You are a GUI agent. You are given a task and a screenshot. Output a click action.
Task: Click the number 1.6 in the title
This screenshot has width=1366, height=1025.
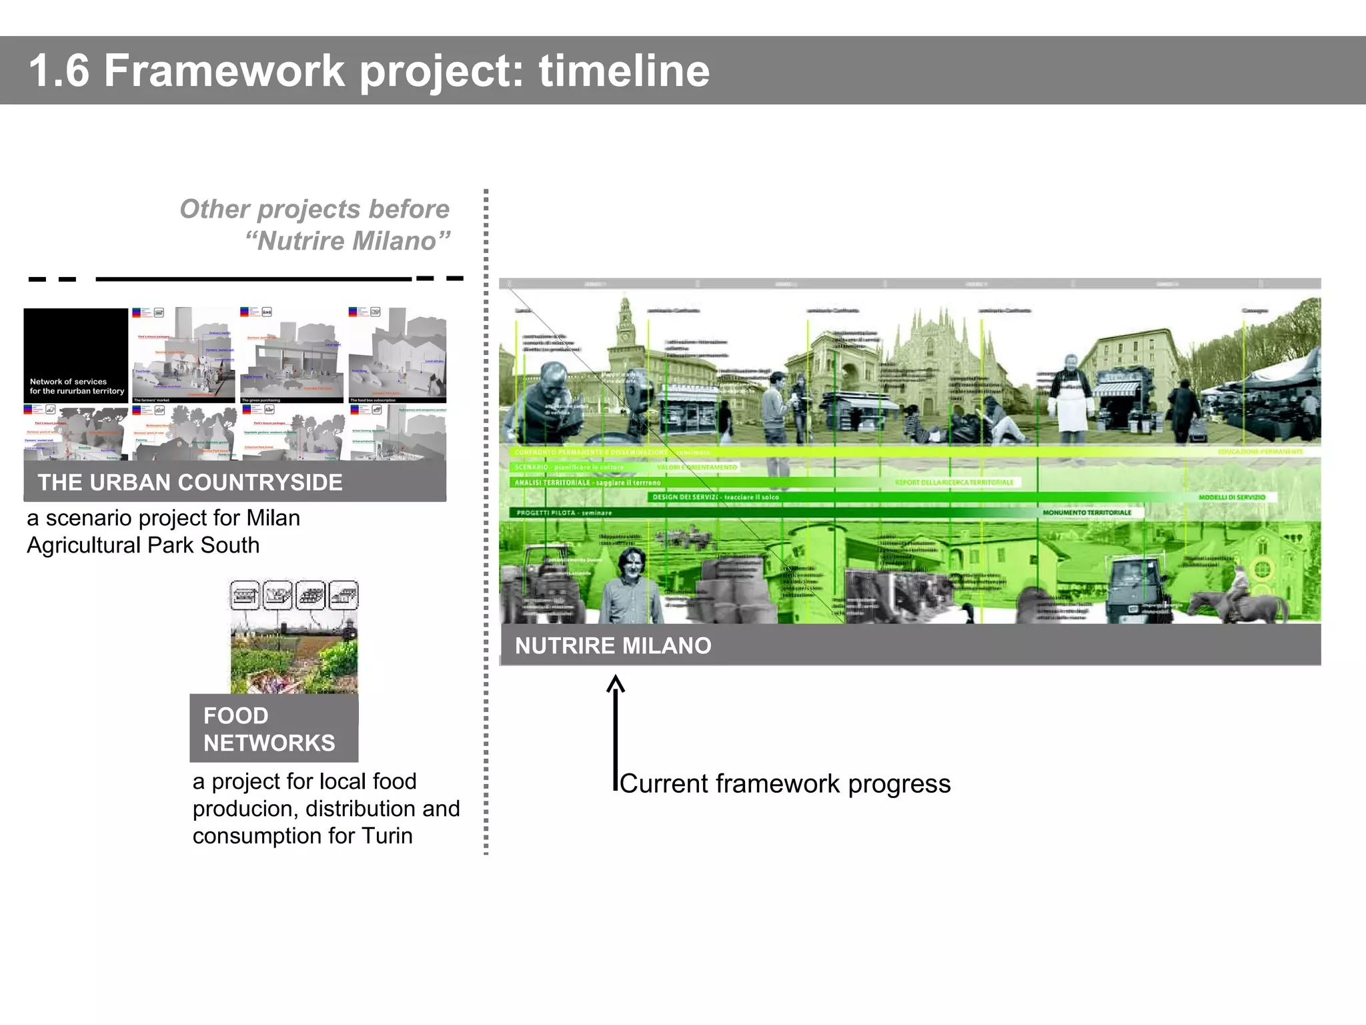59,71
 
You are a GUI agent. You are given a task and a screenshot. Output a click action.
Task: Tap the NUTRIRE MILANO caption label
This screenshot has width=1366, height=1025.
612,645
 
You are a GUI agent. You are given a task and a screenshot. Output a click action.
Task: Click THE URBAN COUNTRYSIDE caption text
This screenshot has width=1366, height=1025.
190,482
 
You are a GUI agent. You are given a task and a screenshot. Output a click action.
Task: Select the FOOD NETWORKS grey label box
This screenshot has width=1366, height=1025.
273,729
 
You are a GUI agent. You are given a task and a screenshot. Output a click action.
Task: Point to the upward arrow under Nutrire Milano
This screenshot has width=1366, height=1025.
616,727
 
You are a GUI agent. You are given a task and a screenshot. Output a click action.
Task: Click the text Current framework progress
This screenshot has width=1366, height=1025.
785,783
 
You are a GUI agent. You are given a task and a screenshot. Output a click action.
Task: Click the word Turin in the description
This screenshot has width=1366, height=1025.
387,835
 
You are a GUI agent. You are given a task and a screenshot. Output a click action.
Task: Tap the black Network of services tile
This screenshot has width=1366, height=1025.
76,355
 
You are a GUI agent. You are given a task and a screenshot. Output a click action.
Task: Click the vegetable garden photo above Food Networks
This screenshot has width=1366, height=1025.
294,657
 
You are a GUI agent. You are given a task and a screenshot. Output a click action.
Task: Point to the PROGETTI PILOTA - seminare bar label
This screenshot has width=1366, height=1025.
564,513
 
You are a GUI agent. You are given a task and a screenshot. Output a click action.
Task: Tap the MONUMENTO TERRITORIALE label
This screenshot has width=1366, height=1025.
1087,512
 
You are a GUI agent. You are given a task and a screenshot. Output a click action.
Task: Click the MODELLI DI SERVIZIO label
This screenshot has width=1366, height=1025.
1231,497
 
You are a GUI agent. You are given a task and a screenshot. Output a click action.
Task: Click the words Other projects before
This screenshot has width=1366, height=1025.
314,209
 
